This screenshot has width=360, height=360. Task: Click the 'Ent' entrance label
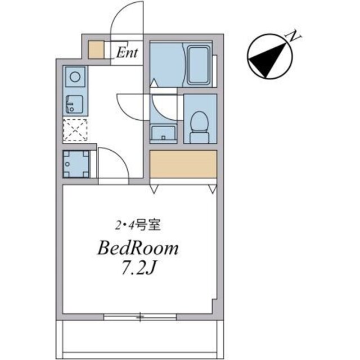tap(128, 54)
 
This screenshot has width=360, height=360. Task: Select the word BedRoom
tap(138, 248)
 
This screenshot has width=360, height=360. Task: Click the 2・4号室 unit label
tap(138, 226)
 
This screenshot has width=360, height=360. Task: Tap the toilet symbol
tap(198, 126)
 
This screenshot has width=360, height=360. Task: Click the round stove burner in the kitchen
tap(75, 75)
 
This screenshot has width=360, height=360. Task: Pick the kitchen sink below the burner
tap(74, 104)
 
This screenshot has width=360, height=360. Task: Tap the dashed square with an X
tap(75, 130)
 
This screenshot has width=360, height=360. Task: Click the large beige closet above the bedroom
tap(183, 164)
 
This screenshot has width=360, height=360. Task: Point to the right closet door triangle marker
tap(213, 188)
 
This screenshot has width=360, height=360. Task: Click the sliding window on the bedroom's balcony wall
tap(139, 317)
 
